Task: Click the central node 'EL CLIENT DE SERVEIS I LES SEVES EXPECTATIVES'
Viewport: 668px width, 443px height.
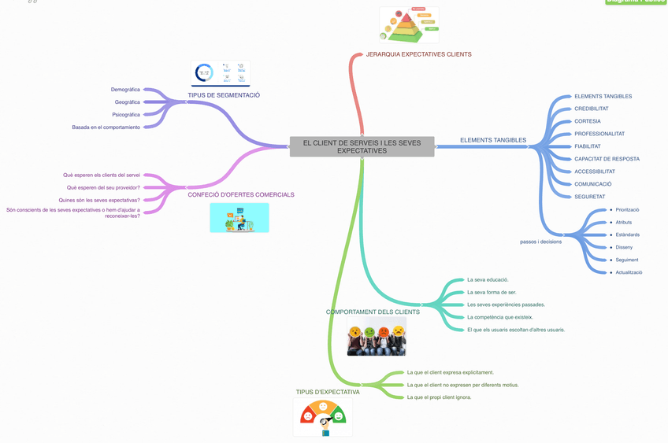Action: (362, 146)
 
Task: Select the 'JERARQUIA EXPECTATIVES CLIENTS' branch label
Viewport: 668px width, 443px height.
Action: (418, 54)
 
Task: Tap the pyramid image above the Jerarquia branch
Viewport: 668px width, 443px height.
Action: (409, 24)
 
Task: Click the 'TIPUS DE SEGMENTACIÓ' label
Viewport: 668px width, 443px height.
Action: (224, 95)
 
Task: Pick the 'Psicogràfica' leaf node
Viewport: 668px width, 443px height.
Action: (126, 114)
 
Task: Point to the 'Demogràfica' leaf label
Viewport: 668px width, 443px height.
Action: (125, 89)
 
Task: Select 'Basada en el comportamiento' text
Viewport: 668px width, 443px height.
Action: (106, 127)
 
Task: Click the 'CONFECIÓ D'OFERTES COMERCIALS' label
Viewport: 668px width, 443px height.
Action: (241, 194)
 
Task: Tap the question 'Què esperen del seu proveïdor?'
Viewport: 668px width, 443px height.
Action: (103, 187)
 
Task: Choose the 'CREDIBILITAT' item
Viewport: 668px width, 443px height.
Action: (591, 109)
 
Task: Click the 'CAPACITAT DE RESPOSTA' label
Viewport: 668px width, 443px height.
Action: (607, 159)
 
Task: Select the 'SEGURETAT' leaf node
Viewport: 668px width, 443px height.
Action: (589, 197)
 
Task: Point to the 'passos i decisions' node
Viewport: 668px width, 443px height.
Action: (540, 242)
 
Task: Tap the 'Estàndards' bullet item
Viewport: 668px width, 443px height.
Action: (627, 234)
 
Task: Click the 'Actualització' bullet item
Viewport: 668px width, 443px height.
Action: (629, 272)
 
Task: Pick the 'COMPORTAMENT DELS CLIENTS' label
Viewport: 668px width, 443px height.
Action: (373, 312)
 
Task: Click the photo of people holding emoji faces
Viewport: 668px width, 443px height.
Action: (377, 338)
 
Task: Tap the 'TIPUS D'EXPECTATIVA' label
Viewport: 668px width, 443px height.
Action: (328, 392)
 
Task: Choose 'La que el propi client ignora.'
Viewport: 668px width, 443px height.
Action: (439, 397)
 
